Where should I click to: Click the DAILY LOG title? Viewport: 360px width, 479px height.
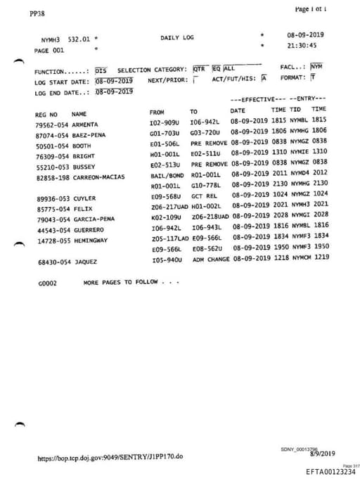pos(176,37)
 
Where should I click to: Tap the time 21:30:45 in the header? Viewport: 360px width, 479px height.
pos(302,46)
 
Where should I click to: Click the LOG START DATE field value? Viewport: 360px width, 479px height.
pos(113,81)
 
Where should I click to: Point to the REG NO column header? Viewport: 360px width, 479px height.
pos(46,113)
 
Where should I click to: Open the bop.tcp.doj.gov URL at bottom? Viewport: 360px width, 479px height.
pos(110,456)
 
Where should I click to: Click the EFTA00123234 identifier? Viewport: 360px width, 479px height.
pos(330,472)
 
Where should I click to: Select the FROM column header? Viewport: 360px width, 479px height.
pos(156,112)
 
